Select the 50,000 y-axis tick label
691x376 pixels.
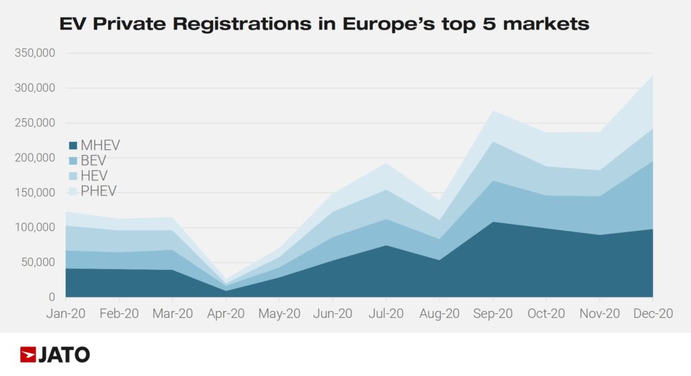coord(37,262)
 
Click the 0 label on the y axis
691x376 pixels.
coord(51,297)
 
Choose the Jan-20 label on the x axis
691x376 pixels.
coord(65,314)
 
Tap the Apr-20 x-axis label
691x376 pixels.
coord(225,314)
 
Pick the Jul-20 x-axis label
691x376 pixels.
coord(386,314)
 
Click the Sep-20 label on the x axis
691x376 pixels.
coord(493,314)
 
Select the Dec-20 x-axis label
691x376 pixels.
coord(653,314)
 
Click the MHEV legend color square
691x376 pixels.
coord(73,145)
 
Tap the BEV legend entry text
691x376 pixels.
coord(93,161)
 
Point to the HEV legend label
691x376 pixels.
coord(93,176)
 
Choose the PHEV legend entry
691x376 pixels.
coord(98,191)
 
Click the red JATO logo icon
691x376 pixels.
coord(28,354)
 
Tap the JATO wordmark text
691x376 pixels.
coord(65,354)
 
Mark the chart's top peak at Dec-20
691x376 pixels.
coord(653,76)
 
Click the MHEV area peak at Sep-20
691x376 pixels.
coord(493,222)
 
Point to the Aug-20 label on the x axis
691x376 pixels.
coord(439,314)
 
